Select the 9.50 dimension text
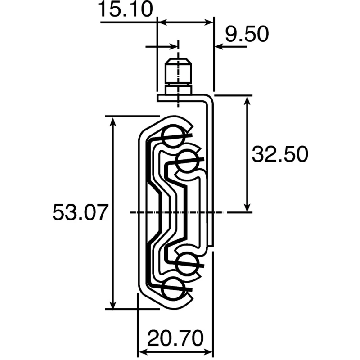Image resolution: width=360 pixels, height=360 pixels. coord(247,34)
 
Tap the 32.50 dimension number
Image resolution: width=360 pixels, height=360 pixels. coord(280,154)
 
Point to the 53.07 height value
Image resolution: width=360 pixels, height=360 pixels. coord(81,212)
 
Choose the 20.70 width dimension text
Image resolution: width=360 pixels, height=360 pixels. coord(175,338)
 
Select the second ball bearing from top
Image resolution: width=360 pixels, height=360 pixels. coord(187,161)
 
